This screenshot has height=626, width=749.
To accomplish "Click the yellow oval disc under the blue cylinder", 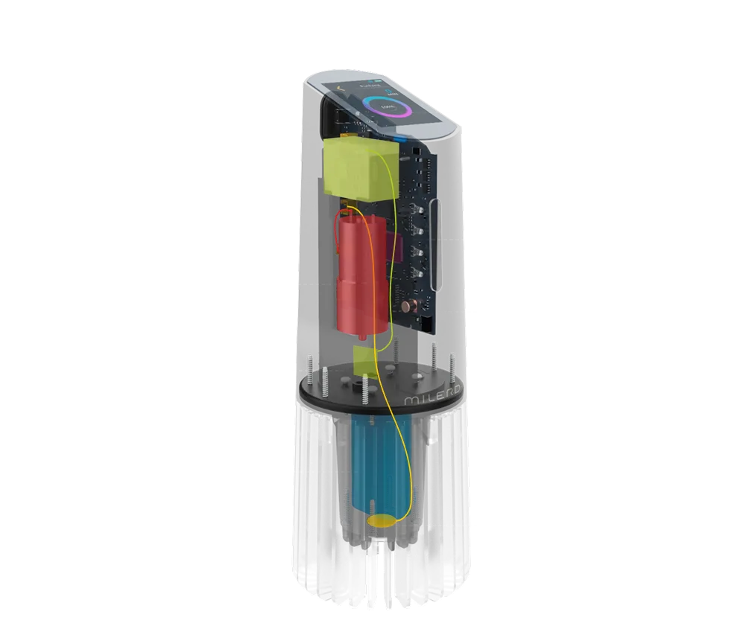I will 382,520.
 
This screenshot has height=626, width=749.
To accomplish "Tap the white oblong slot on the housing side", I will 436,246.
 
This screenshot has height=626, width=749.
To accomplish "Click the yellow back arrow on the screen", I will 340,87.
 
